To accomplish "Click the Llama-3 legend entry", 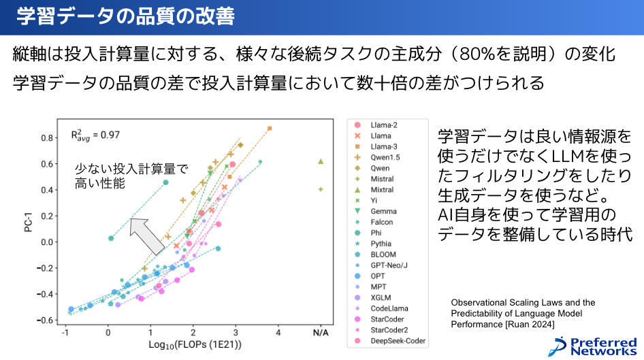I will pos(385,146).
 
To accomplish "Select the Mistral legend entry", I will pos(382,179).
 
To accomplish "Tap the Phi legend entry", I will pos(376,233).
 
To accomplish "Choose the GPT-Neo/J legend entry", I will pos(389,265).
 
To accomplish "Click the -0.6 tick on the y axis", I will pos(46,320).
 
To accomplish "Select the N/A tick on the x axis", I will pos(321,333).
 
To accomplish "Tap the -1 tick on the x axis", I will pos(65,333).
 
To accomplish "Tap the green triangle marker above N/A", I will pos(321,161).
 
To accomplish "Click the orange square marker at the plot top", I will pos(270,128).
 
